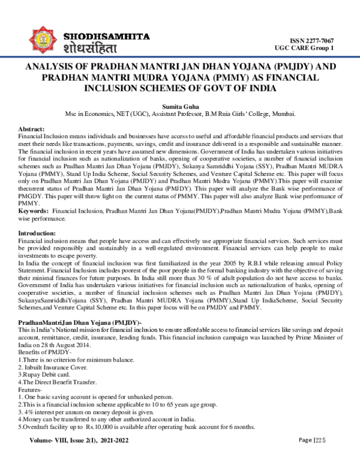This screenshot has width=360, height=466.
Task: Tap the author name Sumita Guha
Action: [x=179, y=105]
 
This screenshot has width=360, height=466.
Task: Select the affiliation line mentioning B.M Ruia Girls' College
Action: [x=179, y=113]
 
